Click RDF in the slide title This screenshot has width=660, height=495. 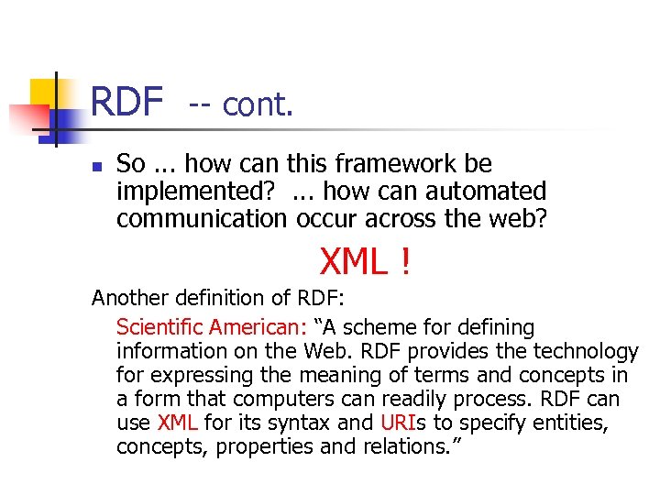tap(126, 103)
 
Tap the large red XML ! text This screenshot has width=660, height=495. tap(366, 263)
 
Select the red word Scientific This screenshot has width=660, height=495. tap(159, 327)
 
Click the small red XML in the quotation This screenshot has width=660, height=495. tap(178, 423)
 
